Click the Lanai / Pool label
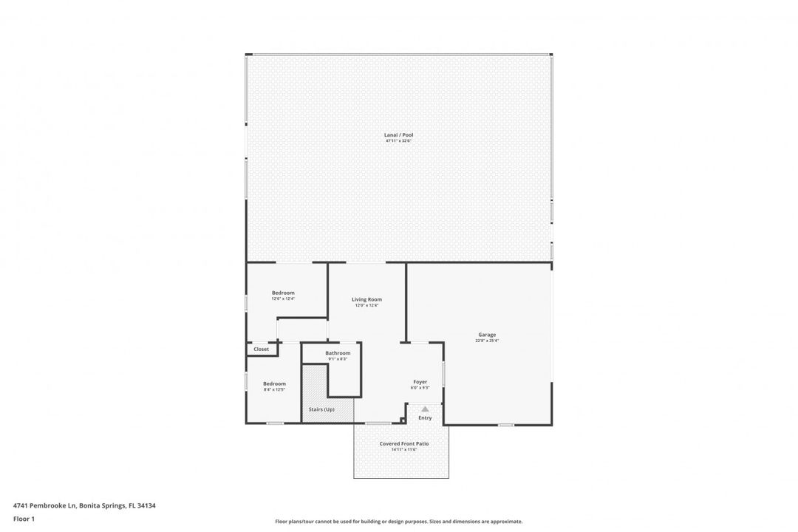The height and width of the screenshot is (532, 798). pyautogui.click(x=398, y=135)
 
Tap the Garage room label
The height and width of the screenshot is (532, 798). pyautogui.click(x=487, y=335)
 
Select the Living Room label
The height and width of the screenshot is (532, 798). pyautogui.click(x=366, y=299)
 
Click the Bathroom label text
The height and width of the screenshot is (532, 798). pyautogui.click(x=338, y=353)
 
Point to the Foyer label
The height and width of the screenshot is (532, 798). pyautogui.click(x=420, y=382)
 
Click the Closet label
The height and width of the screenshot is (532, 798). pyautogui.click(x=262, y=349)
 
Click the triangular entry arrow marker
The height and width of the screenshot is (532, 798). pyautogui.click(x=425, y=409)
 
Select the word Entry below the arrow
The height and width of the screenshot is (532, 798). pyautogui.click(x=425, y=418)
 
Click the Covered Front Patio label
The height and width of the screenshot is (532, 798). pyautogui.click(x=404, y=443)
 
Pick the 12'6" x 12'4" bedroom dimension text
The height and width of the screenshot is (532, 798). pyautogui.click(x=283, y=299)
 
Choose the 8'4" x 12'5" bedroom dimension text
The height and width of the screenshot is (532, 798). pyautogui.click(x=274, y=389)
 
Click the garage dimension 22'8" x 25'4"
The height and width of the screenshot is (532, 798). pyautogui.click(x=487, y=341)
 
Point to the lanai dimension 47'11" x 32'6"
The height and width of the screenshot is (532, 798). pyautogui.click(x=398, y=141)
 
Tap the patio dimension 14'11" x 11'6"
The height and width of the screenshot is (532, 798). pyautogui.click(x=404, y=449)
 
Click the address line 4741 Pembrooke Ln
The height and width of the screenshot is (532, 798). pyautogui.click(x=84, y=506)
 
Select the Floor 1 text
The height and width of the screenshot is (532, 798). pyautogui.click(x=24, y=519)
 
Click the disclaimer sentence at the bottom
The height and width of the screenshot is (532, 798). pyautogui.click(x=398, y=522)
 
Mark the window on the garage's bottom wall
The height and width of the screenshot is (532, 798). pyautogui.click(x=505, y=424)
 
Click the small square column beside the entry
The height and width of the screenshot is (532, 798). pyautogui.click(x=402, y=421)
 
